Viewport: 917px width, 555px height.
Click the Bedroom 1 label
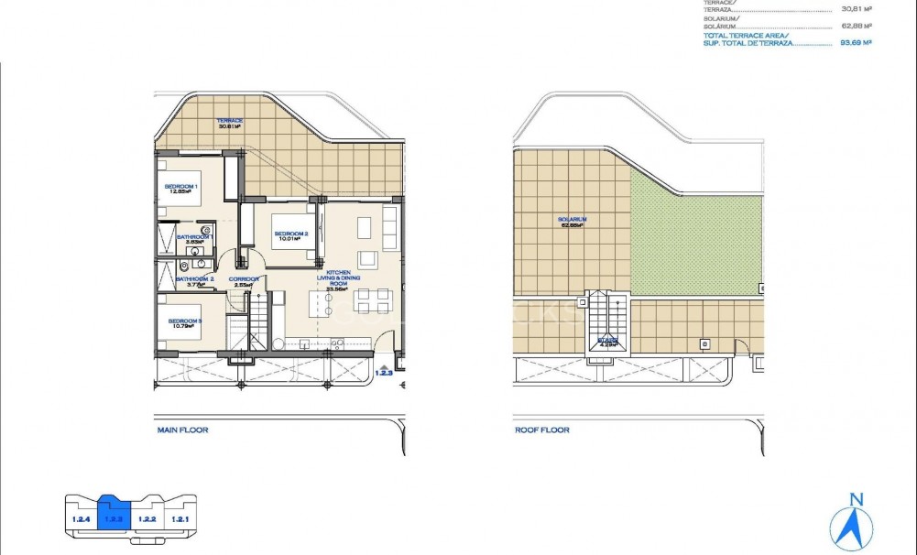(x=180, y=189)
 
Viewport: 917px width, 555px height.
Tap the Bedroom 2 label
(x=291, y=236)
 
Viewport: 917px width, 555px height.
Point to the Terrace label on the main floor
(x=228, y=124)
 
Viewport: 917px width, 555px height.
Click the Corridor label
(x=244, y=281)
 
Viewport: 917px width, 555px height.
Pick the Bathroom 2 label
(x=194, y=281)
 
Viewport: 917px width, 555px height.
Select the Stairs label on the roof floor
(x=607, y=343)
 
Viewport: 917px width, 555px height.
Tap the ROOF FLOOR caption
(x=541, y=430)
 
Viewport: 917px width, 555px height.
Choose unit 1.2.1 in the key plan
(x=179, y=519)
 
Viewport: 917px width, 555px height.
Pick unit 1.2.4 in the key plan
(x=81, y=519)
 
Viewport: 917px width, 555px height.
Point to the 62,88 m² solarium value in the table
(x=856, y=26)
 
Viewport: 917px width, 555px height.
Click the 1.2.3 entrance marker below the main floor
(x=384, y=371)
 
